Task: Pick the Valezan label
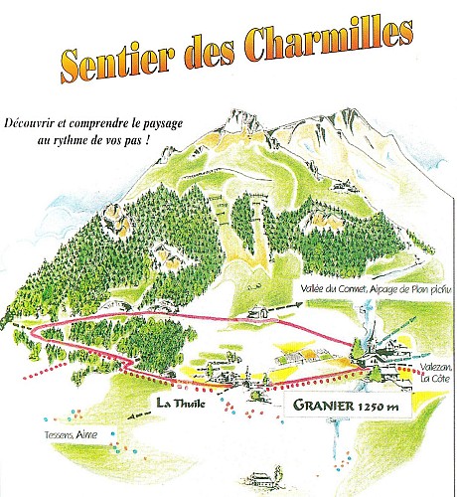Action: click(420, 367)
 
